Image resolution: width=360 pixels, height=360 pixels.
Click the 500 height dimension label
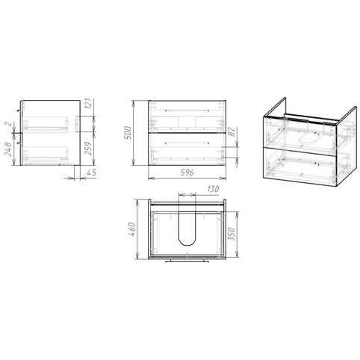click(x=128, y=133)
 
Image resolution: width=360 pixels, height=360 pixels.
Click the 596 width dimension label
click(x=187, y=173)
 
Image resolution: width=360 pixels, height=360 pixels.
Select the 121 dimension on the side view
click(x=90, y=103)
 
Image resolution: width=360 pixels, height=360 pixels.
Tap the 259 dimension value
click(x=88, y=149)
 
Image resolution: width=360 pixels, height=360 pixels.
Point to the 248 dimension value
click(x=8, y=149)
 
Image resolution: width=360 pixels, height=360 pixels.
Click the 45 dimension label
click(x=92, y=173)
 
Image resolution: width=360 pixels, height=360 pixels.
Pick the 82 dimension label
click(x=232, y=132)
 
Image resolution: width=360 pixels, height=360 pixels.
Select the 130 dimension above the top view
click(x=213, y=189)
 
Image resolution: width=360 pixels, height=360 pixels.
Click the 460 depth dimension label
click(x=132, y=229)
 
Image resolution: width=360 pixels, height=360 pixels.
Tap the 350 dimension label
click(x=232, y=235)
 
